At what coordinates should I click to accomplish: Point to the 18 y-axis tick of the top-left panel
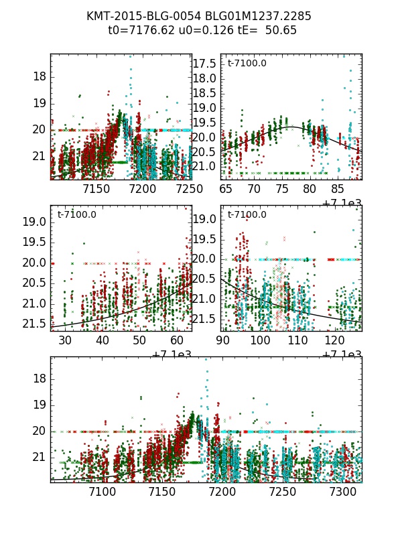(x=39, y=76)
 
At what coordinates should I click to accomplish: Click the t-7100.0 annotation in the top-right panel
(x=247, y=64)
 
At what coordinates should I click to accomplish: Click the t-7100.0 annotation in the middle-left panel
(x=77, y=215)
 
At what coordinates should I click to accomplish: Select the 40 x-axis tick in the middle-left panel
(x=103, y=340)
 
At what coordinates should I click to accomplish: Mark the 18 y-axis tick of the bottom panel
(x=39, y=379)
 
